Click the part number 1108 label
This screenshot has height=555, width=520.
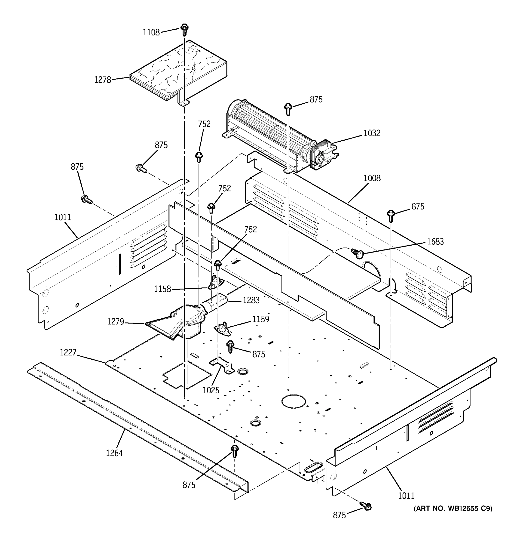click(x=151, y=33)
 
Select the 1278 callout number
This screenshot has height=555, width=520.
click(x=102, y=80)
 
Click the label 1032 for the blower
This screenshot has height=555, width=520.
click(x=372, y=133)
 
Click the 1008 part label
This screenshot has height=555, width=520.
click(x=372, y=178)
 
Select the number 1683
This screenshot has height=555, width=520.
click(x=435, y=241)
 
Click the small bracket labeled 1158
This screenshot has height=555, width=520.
click(x=215, y=283)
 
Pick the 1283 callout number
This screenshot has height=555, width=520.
click(x=251, y=300)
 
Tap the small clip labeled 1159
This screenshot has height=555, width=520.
click(x=223, y=330)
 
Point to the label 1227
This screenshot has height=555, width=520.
click(x=68, y=353)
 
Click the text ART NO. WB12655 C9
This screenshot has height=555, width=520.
click(x=453, y=508)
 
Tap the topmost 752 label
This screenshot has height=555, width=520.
click(x=204, y=124)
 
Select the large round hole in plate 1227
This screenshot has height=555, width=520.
click(x=294, y=401)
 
